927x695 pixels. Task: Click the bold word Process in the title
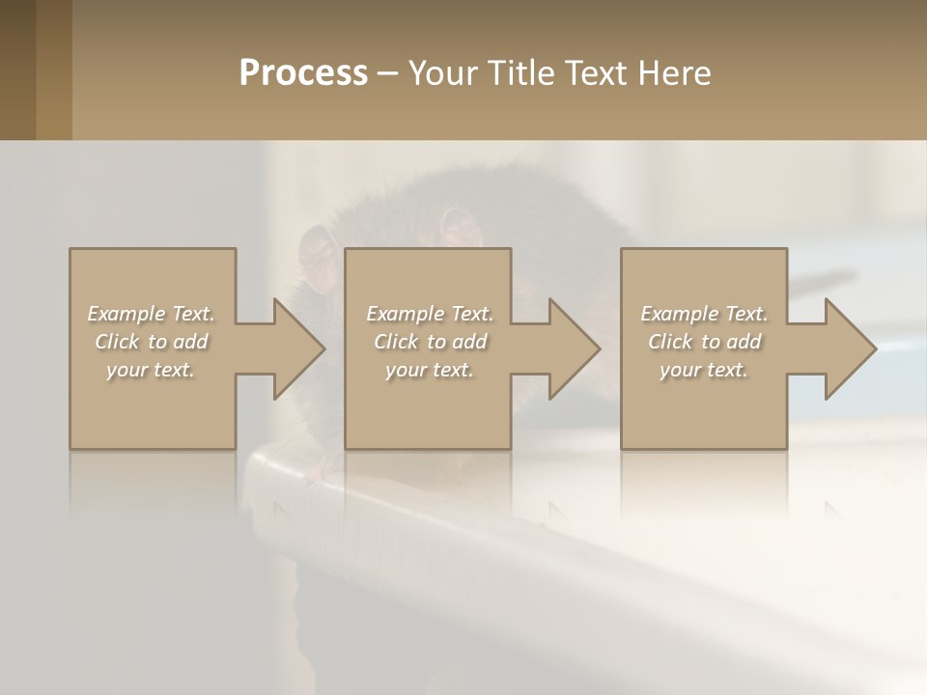point(303,73)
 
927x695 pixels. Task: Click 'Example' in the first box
point(126,314)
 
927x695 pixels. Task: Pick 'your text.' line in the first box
point(151,370)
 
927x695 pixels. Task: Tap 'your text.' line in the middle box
point(429,370)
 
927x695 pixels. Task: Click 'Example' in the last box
point(680,314)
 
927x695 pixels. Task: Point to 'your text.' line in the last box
point(703,370)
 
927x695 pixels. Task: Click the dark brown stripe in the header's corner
point(17,69)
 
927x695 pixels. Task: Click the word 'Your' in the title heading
point(441,73)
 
